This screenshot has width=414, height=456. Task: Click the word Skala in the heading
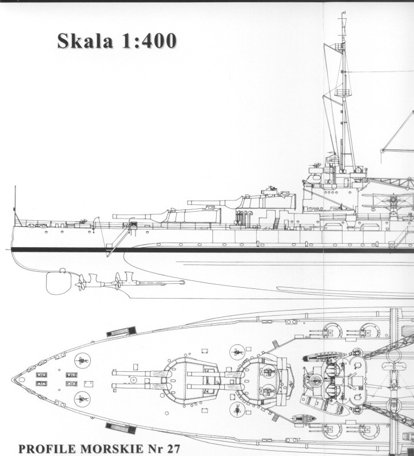[x=85, y=41]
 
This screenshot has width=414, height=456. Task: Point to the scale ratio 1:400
[x=149, y=41]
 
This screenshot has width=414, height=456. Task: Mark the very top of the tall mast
[x=344, y=12]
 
